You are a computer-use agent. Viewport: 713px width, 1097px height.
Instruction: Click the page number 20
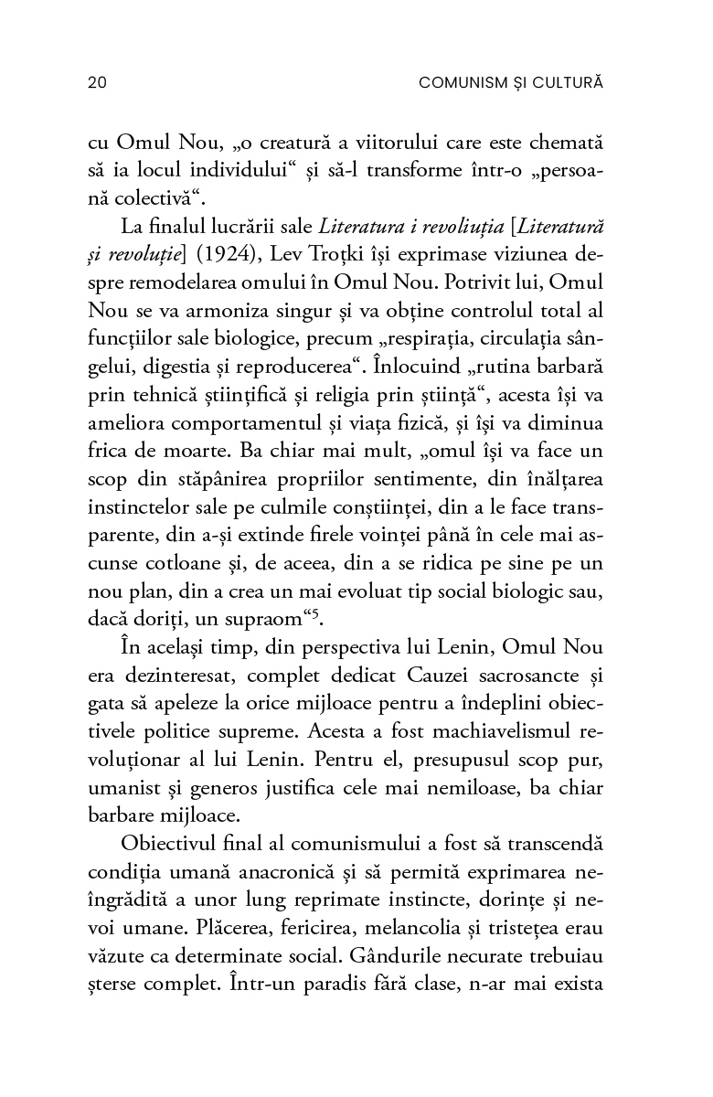point(98,83)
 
